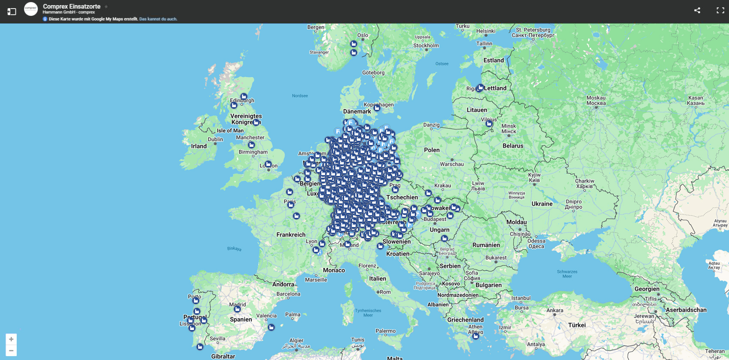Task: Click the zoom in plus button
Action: point(11,339)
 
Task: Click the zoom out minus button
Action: point(11,351)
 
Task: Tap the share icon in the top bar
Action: point(697,10)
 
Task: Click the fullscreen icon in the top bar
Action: point(720,10)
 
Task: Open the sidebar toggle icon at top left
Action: point(12,12)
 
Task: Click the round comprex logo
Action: point(31,9)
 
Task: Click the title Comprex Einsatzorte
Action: point(72,6)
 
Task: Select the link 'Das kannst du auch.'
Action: point(158,19)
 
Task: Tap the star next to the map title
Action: point(106,6)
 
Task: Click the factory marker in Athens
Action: point(476,336)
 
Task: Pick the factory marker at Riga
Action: point(481,88)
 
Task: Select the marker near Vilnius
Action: point(489,124)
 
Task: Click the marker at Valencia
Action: point(271,327)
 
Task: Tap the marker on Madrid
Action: point(237,309)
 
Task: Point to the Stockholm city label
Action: point(426,45)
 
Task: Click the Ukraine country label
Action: point(542,204)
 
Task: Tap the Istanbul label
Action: point(521,298)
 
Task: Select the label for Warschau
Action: point(452,164)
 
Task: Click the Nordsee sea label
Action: point(300,96)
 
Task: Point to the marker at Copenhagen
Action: point(377,108)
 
